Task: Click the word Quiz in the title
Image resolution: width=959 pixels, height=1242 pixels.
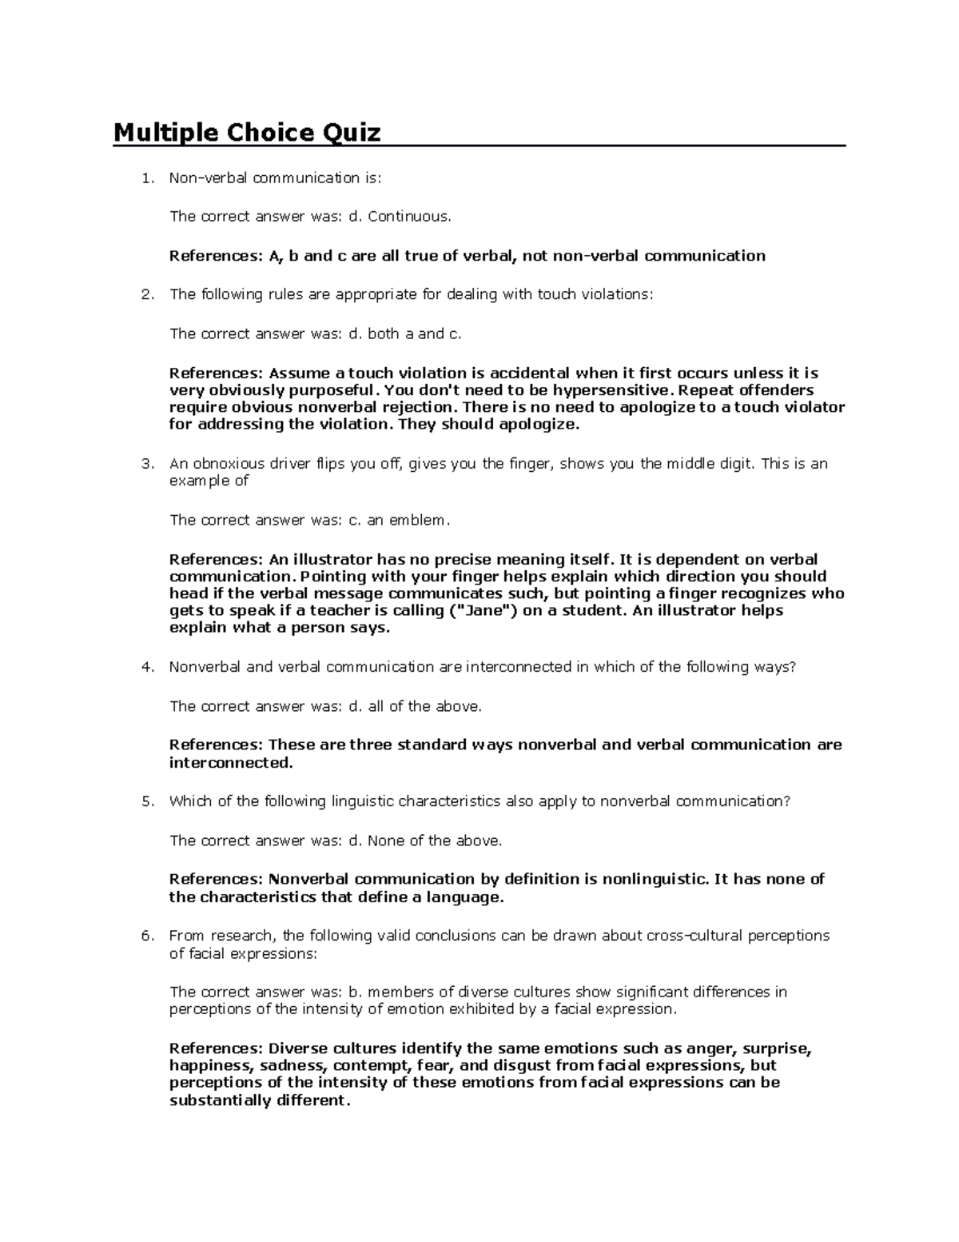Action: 351,132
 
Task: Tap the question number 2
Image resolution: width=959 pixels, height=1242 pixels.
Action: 146,294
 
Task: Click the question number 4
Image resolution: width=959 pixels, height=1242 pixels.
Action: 146,667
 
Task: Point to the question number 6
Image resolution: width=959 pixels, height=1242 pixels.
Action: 146,936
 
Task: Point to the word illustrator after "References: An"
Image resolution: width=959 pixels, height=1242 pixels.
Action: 332,559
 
